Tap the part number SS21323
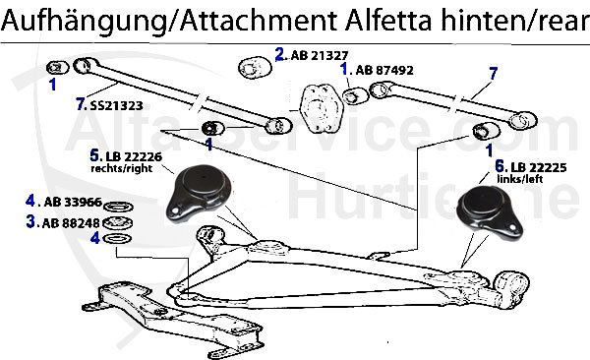119,103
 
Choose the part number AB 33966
74,202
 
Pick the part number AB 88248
74,222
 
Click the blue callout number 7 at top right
493,72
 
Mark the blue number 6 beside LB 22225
500,166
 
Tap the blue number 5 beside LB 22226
94,155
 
